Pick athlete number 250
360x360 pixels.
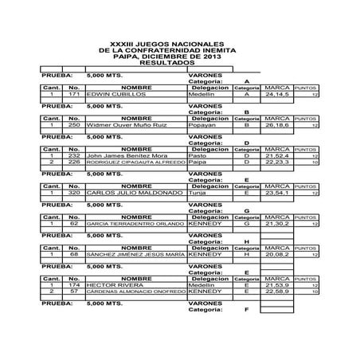pos(73,125)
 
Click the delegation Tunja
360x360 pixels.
pos(199,193)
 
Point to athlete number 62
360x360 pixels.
pos(73,224)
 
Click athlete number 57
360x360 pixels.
pos(73,291)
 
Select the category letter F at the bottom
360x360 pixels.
pos(247,309)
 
